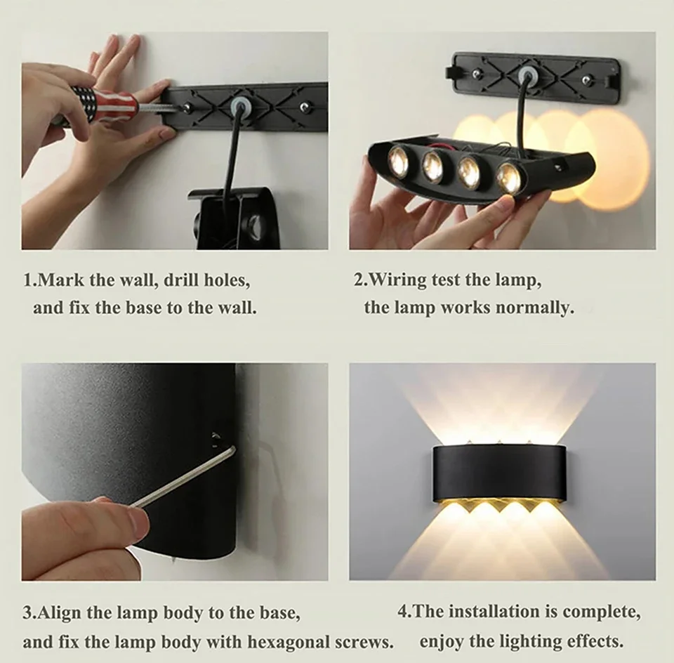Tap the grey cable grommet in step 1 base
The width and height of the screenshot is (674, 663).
tap(239, 106)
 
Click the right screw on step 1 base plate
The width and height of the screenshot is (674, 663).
tap(305, 106)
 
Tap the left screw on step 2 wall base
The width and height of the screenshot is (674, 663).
tap(477, 74)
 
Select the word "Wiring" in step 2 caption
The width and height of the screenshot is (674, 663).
tap(397, 280)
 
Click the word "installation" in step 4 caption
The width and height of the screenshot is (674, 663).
tap(495, 611)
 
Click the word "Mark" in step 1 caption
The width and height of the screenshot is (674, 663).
tap(62, 280)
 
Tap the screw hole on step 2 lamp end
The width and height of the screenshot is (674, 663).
tap(560, 164)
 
